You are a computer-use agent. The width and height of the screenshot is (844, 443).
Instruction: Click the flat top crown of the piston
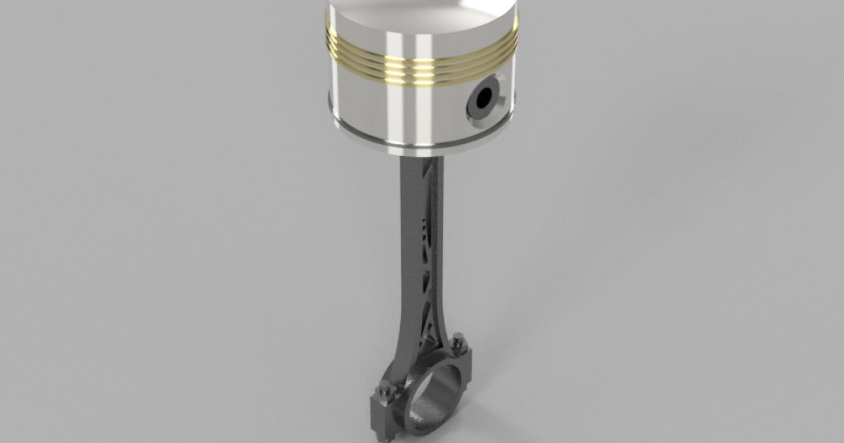pos(422,7)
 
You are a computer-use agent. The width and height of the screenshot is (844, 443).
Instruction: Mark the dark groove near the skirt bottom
pos(422,139)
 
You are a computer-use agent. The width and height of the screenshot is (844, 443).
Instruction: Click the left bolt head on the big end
pos(385,387)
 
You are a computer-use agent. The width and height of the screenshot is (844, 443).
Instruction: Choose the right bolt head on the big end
pos(461,345)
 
